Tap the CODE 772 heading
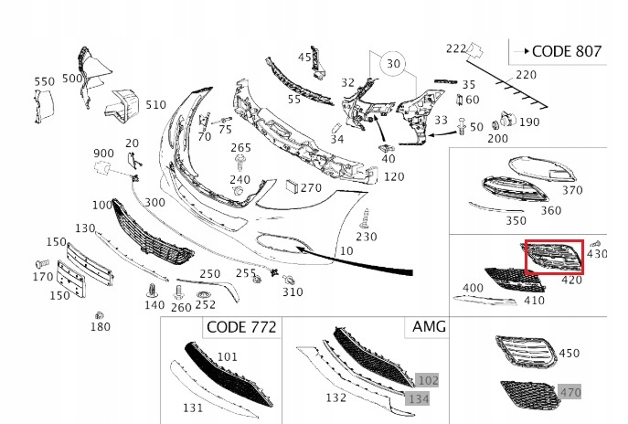[x=241, y=327]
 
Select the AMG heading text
[x=428, y=326]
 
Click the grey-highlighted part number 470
[x=569, y=393]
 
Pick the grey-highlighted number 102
[x=427, y=380]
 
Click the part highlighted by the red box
[x=554, y=258]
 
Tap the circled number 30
[x=393, y=65]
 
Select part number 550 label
[x=45, y=82]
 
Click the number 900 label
[x=103, y=153]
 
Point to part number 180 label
[x=100, y=327]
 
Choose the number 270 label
[x=311, y=188]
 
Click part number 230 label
[x=366, y=237]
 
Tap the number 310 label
[x=292, y=292]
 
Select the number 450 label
[x=569, y=353]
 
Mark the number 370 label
[x=571, y=191]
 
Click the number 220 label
[x=527, y=75]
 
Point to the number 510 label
[x=156, y=105]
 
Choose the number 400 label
[x=474, y=288]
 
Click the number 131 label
[x=192, y=408]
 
